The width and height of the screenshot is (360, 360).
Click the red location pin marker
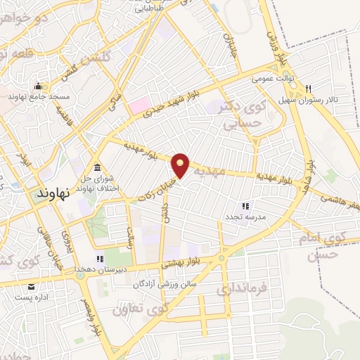[181, 165]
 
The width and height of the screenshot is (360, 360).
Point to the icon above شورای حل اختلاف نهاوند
[96, 166]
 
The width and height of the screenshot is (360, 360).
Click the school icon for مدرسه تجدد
[245, 206]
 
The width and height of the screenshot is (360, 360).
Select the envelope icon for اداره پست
[31, 287]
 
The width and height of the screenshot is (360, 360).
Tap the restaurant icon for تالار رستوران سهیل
[309, 89]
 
